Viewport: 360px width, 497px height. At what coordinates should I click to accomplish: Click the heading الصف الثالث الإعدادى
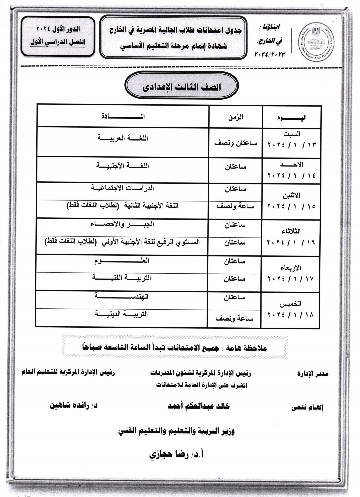point(182,88)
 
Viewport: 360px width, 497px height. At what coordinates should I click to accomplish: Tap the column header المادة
point(123,117)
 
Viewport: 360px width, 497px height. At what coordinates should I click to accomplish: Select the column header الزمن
point(235,117)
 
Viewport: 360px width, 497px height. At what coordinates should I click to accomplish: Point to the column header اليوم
point(292,118)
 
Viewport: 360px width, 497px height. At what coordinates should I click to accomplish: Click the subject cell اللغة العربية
point(123,138)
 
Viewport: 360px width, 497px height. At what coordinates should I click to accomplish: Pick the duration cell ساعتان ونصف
point(235,143)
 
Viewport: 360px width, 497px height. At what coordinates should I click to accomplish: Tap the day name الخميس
point(290,304)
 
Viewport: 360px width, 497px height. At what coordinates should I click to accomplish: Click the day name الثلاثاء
point(291,231)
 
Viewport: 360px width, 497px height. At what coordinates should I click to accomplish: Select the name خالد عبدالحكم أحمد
point(199,406)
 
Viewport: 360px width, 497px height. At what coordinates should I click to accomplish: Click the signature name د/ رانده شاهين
point(74,406)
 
